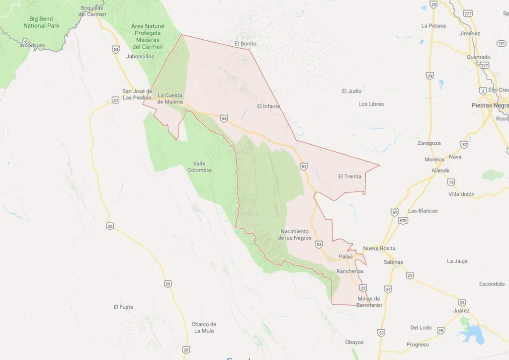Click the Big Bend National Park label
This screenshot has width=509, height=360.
point(41,22)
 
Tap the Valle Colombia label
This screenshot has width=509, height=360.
point(199,167)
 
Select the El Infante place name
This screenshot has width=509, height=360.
point(268,106)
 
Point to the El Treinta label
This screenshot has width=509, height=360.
point(350,176)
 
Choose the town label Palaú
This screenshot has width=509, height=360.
point(345,256)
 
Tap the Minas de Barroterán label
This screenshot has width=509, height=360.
point(369,302)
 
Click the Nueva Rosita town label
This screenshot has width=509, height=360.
point(379,248)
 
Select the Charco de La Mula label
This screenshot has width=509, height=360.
point(204,327)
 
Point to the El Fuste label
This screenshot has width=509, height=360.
point(123,307)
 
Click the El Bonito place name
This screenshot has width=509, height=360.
point(245,44)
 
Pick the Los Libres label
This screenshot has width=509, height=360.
point(371,104)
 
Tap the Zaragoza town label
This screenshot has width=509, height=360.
point(429,143)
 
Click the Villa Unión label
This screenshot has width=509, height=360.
point(461,194)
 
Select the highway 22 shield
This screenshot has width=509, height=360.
point(363,288)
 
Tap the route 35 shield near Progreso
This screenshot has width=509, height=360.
point(440,330)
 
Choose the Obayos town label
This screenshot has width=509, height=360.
point(354,342)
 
